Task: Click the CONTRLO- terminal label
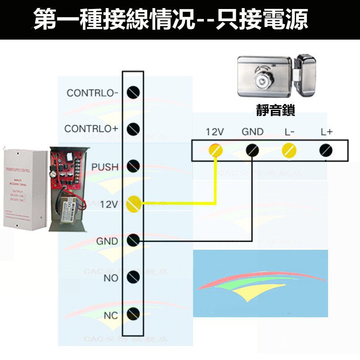tap(92, 93)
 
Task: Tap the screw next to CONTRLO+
tap(133, 129)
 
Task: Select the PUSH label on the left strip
tap(105, 167)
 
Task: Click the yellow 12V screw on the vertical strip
tap(133, 204)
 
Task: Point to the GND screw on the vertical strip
tap(133, 241)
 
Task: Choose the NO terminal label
tap(111, 278)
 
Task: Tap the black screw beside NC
tap(133, 314)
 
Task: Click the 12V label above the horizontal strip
tap(215, 132)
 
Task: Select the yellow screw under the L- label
tap(288, 150)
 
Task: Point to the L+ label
tap(326, 132)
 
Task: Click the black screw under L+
tap(326, 150)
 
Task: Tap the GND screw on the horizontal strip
tap(252, 150)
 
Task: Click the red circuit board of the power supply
tap(67, 166)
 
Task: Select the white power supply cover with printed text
tap(25, 189)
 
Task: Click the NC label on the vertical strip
tap(111, 315)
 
